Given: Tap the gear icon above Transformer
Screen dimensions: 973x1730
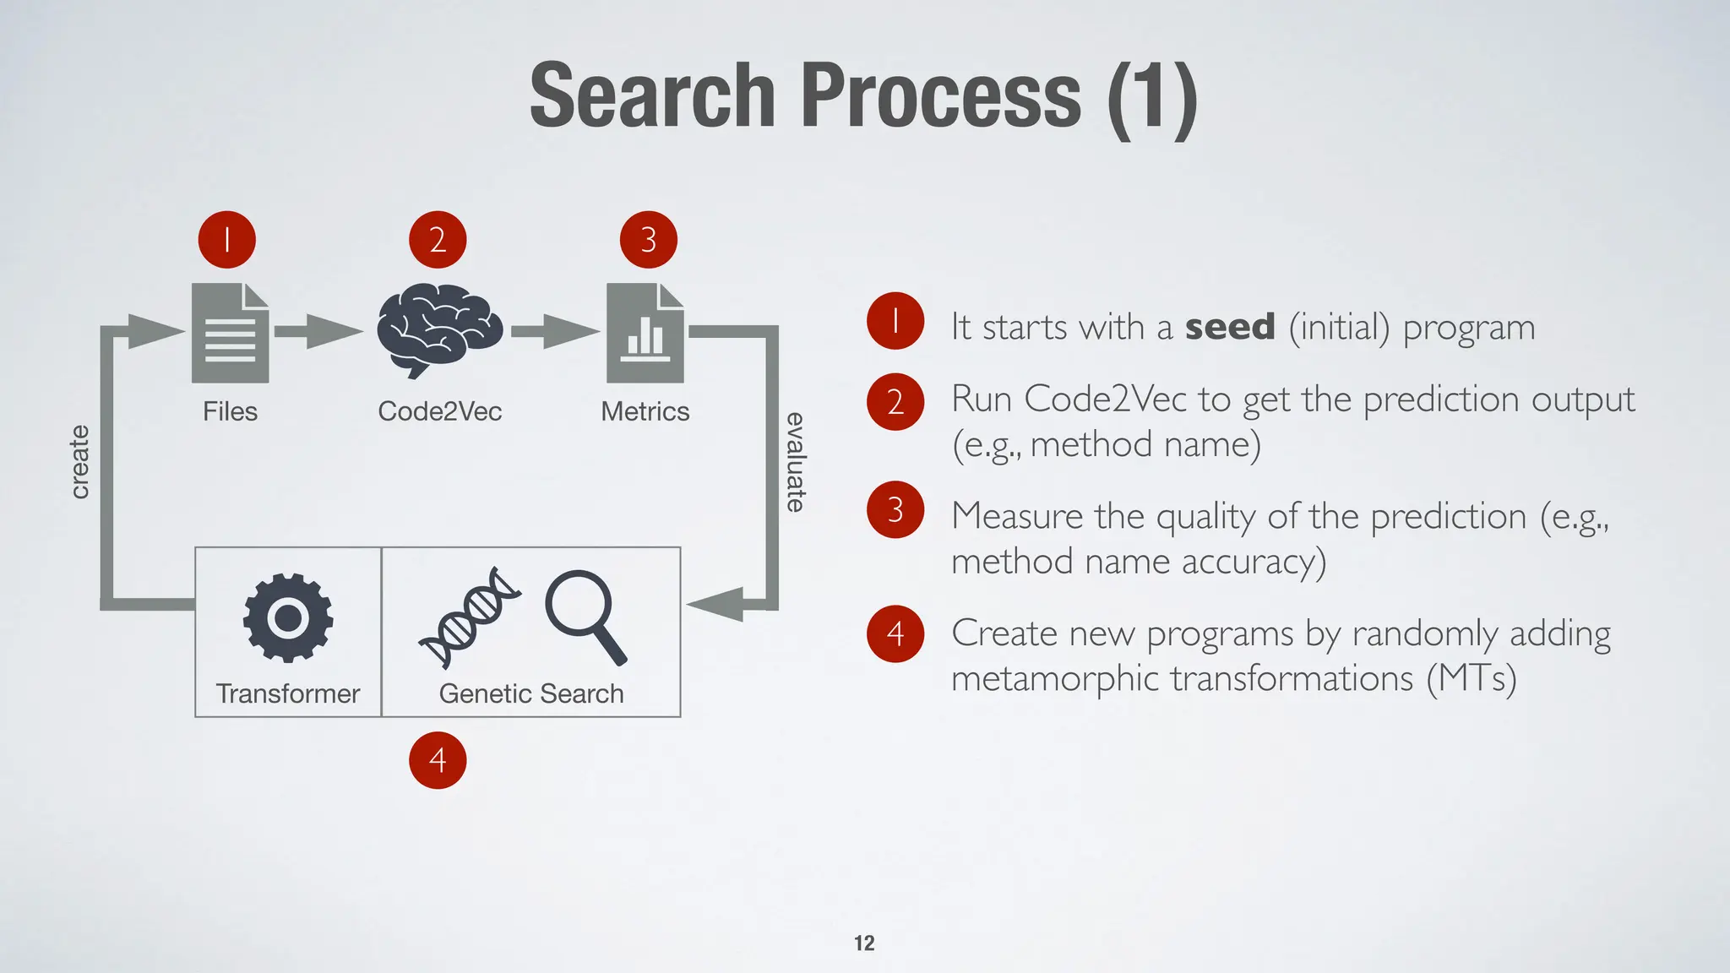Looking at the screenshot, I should click(288, 617).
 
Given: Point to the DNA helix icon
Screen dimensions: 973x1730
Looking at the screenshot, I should click(470, 617).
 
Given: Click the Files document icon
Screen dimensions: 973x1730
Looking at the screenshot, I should click(230, 333).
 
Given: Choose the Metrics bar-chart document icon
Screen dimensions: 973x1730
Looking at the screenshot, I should click(645, 333).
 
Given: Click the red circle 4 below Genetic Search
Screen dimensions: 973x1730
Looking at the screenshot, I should click(438, 760).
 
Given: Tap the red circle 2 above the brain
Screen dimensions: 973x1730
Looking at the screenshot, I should click(438, 240).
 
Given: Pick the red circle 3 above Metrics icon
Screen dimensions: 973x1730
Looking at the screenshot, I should click(648, 240).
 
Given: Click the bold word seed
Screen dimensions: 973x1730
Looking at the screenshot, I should click(1230, 327).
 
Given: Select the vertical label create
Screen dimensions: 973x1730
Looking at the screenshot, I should click(79, 462).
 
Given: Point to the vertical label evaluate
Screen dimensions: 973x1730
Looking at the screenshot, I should click(796, 462).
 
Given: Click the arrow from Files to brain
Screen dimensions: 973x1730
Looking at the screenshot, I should click(319, 331).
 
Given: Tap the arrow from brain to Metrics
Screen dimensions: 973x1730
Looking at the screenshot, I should click(554, 331).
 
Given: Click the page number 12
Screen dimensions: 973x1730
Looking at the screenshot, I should click(864, 943).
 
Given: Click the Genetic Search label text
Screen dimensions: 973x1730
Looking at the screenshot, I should click(531, 693).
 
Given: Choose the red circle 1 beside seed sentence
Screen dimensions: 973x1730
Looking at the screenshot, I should click(895, 321).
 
